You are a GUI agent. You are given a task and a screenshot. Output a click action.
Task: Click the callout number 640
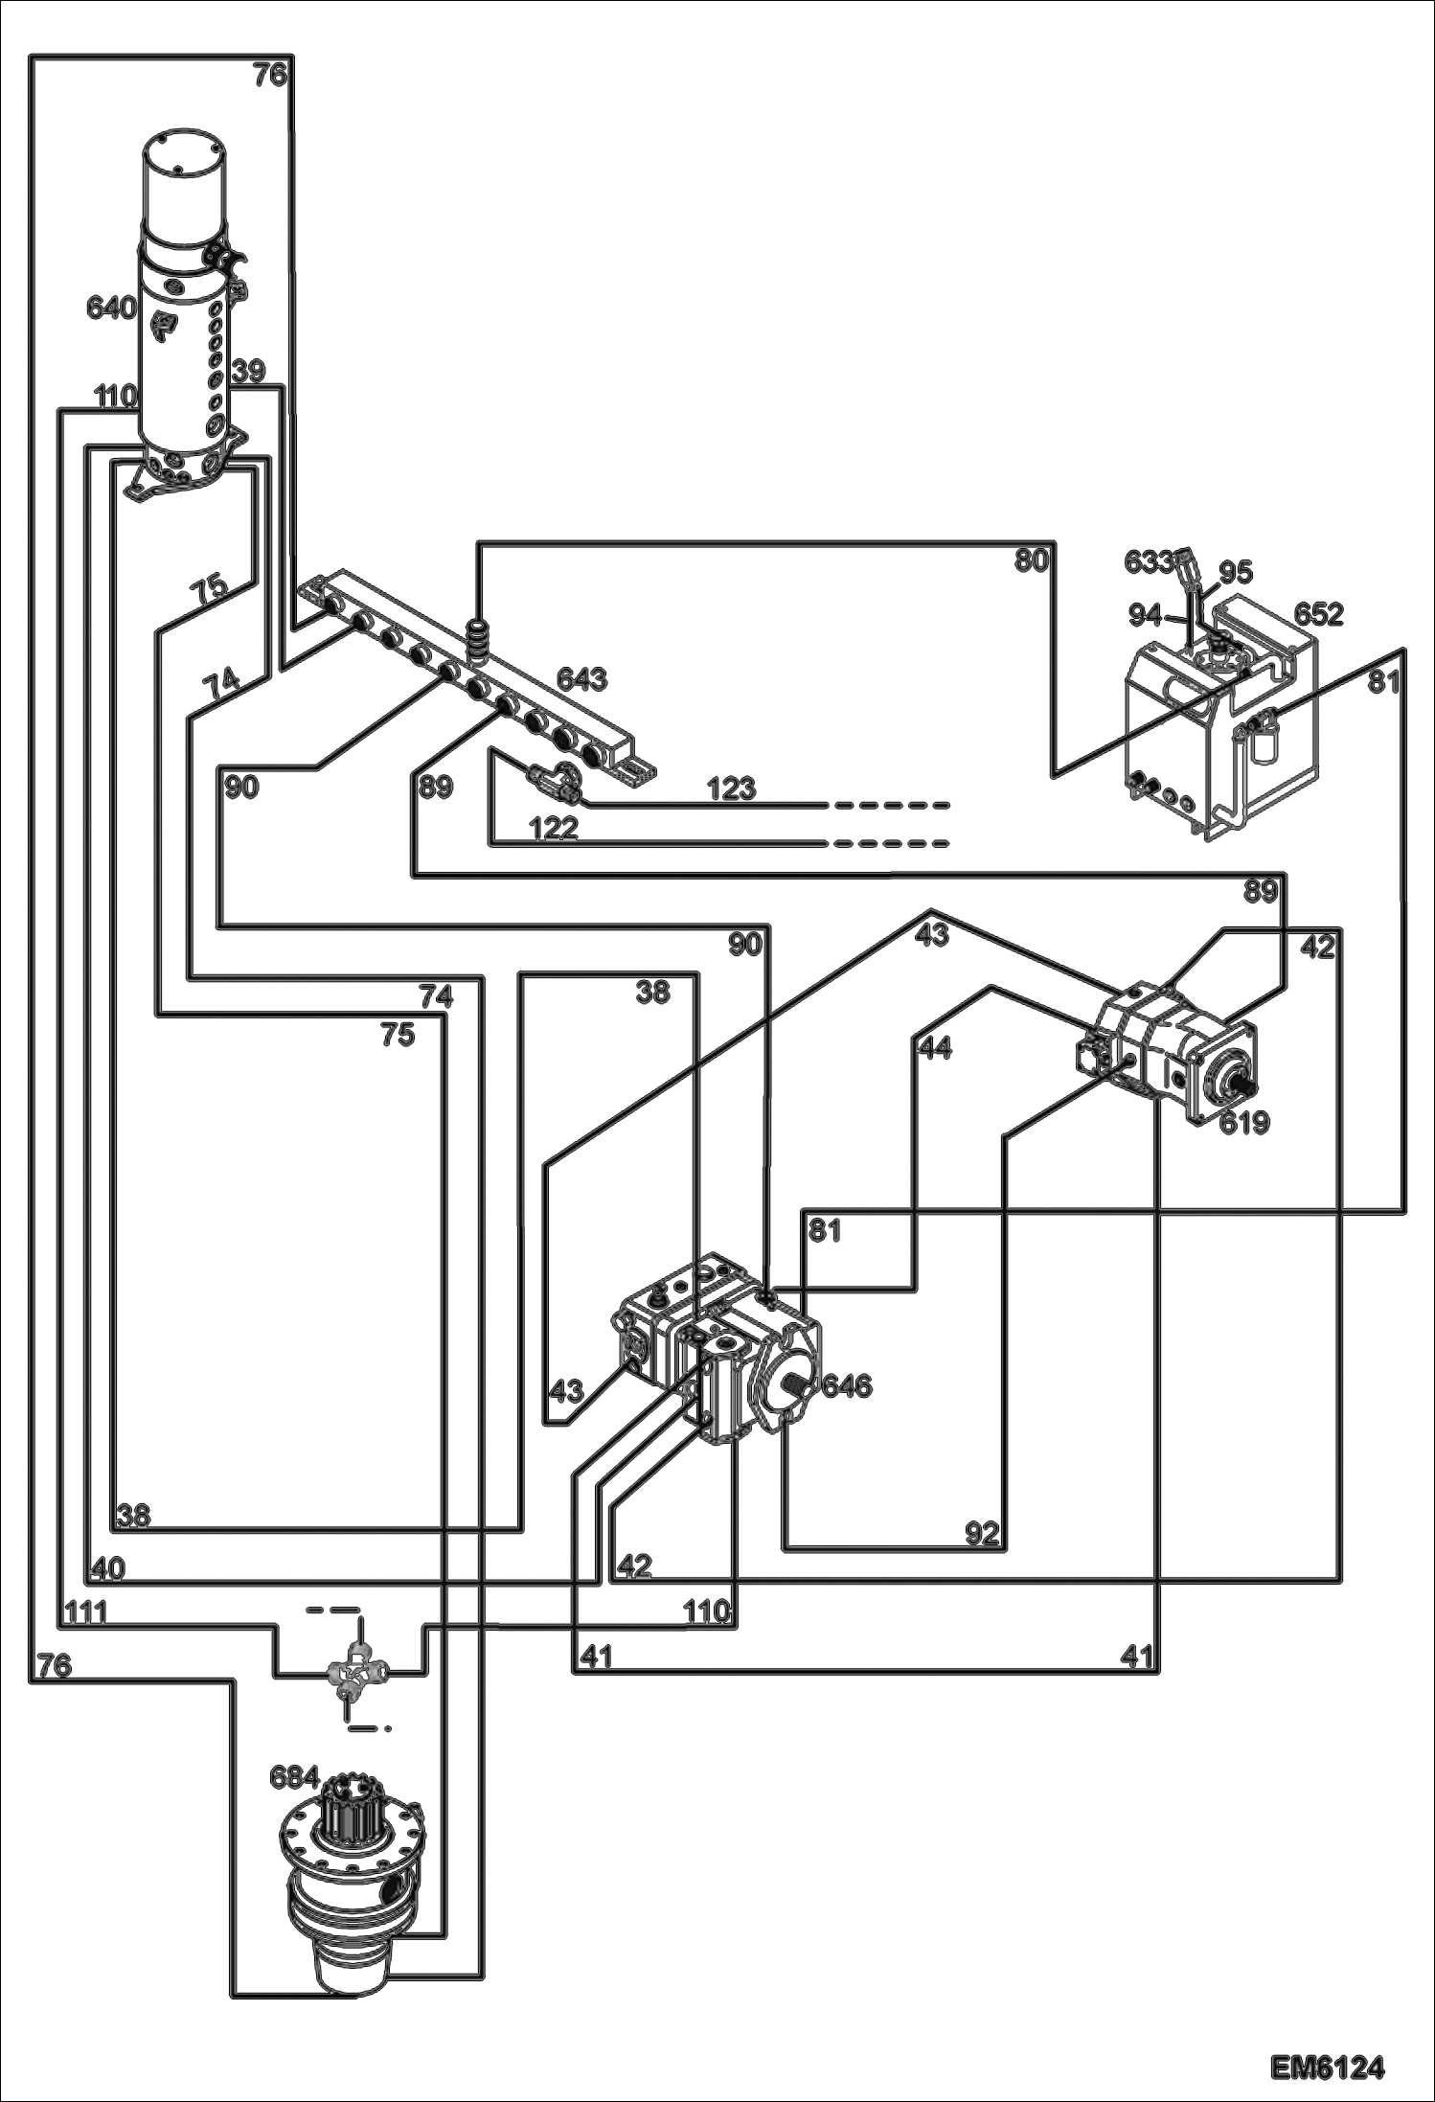click(x=112, y=308)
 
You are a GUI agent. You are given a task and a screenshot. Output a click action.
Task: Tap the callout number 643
click(x=581, y=679)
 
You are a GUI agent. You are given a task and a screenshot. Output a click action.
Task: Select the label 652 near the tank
click(x=1318, y=614)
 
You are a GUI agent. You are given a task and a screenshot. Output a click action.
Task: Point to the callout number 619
click(x=1243, y=1122)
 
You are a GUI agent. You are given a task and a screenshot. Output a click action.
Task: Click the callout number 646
click(x=847, y=1385)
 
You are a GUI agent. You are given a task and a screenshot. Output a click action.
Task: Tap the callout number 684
click(x=294, y=1777)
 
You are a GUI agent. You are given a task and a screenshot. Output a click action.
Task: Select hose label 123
click(x=732, y=788)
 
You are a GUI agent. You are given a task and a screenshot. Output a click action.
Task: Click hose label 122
click(x=553, y=828)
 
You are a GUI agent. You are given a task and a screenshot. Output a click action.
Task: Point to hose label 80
click(x=1032, y=560)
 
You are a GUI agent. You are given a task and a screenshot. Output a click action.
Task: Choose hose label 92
click(x=982, y=1534)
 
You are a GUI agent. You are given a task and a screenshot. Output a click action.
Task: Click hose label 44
click(x=935, y=1049)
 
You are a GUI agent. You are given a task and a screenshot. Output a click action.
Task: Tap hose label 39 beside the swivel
click(x=247, y=372)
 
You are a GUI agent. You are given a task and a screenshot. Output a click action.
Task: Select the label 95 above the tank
click(x=1235, y=573)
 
